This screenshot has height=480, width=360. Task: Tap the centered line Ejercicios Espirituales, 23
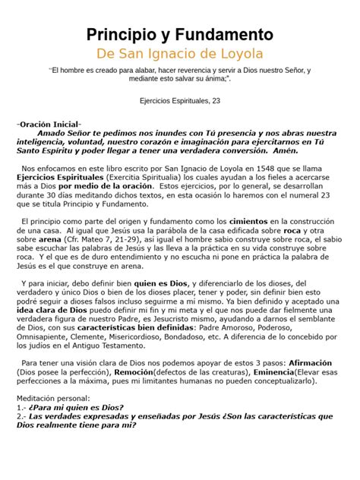point(180,99)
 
